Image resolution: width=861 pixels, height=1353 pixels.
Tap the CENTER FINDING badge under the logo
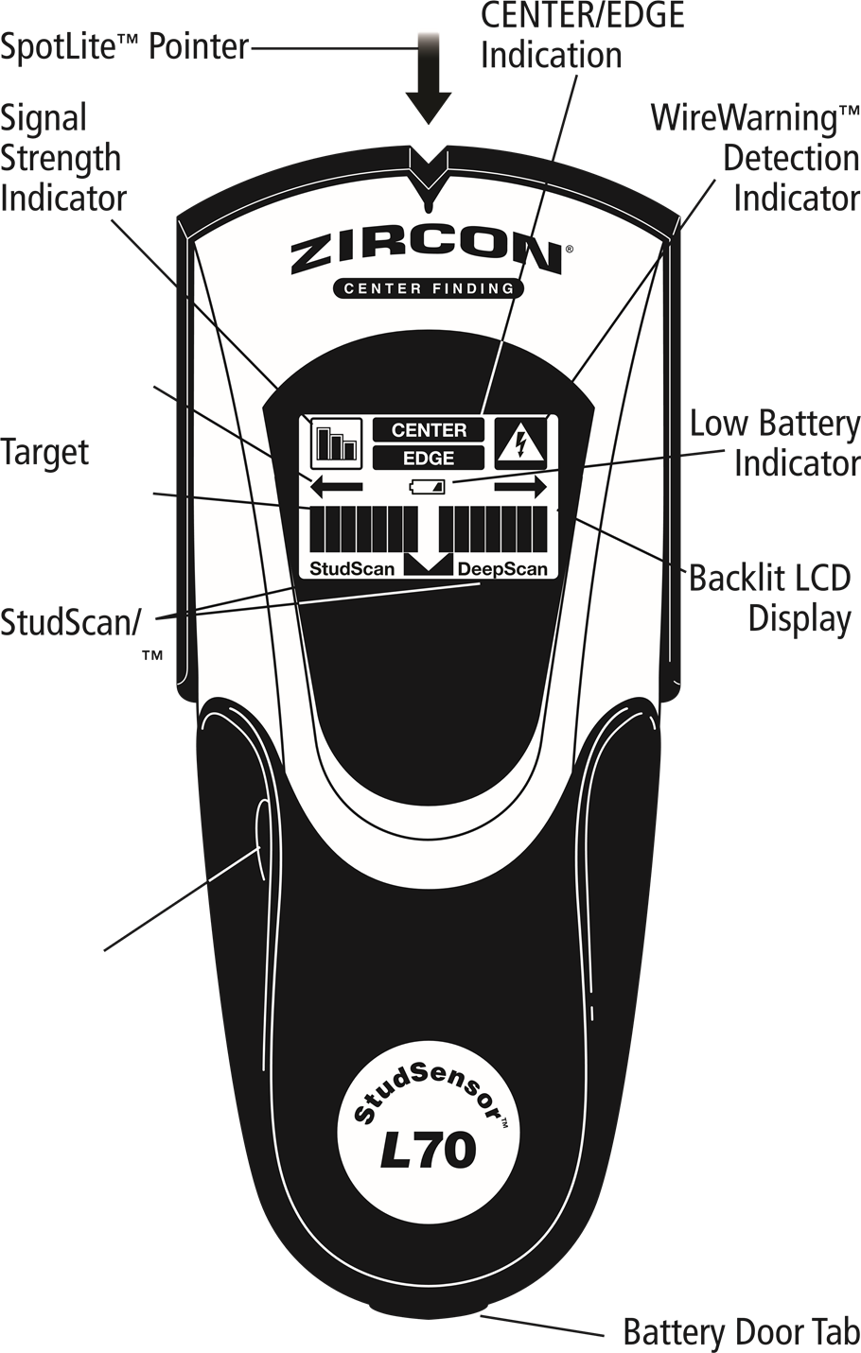[428, 288]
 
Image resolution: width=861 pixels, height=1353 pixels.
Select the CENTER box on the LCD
[429, 430]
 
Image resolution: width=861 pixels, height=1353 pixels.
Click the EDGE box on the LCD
[429, 459]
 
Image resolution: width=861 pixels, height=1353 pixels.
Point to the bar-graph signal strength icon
[337, 442]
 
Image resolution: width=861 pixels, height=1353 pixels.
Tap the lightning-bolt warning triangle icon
[518, 442]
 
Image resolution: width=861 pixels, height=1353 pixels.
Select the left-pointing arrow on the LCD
[337, 487]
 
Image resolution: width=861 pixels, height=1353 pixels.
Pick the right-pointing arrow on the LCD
[520, 487]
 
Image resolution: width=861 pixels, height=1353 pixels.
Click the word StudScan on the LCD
[352, 569]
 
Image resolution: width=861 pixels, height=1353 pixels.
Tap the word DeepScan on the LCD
[502, 569]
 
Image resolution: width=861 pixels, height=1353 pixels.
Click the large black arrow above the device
[429, 80]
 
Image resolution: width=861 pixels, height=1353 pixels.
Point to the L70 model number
[428, 1151]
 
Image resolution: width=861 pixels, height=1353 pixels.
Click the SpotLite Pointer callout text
[125, 46]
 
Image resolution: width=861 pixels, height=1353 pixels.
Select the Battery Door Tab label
[741, 1332]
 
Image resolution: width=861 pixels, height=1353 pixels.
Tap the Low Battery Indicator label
[775, 444]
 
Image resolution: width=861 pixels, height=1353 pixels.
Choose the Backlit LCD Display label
[770, 598]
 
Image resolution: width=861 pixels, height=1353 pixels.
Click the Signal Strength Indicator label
[62, 159]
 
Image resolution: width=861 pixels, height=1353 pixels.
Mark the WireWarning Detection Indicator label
[755, 159]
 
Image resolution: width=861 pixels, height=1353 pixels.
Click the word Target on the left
[44, 453]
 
